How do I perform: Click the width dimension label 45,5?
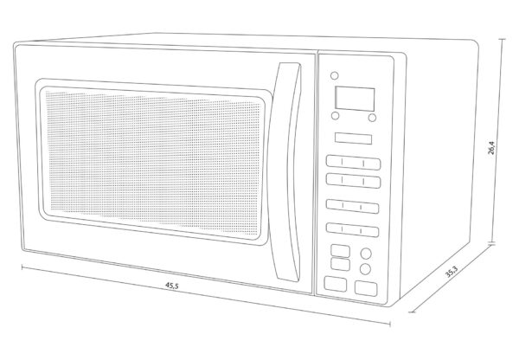pos(172,286)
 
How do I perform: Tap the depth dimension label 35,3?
pos(452,273)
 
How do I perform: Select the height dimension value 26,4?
pos(491,148)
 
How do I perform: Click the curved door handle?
pos(286,172)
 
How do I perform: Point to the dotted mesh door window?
pos(154,163)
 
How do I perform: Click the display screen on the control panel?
pos(355,99)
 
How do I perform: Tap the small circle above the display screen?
pos(335,75)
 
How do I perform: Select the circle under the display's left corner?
pos(335,116)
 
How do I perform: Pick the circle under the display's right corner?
pos(372,118)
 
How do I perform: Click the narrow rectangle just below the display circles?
pos(353,138)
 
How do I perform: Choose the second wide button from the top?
pos(353,181)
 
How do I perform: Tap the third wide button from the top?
pos(352,206)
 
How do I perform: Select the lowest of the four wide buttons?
pos(352,230)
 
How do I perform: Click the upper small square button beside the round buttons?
pos(340,251)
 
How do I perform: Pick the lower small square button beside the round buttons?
pos(340,264)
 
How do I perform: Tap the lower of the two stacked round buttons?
pos(365,269)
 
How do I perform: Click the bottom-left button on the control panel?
pos(336,284)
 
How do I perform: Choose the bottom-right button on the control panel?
pos(366,288)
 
